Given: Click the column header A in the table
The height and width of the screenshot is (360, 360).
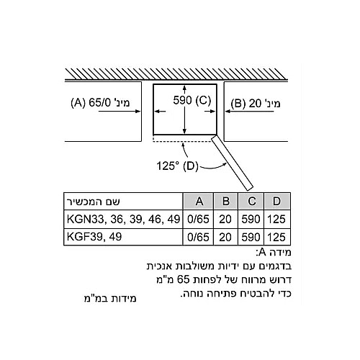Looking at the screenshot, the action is tap(199, 201).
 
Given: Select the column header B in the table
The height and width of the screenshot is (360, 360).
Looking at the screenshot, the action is tap(225, 201).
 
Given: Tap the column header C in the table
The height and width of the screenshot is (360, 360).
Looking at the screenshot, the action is tap(251, 201).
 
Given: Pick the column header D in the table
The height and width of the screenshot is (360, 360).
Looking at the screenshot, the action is tap(276, 201).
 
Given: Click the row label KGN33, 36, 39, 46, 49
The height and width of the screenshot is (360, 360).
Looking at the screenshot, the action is tap(123, 220).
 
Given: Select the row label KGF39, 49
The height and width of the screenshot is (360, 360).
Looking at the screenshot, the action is tap(94, 237).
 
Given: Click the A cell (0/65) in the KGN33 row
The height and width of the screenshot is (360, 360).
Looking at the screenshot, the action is tap(198, 220).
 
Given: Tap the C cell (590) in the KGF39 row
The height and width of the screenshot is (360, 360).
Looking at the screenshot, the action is tap(251, 237).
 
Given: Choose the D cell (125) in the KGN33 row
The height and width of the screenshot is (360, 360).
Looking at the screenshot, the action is tap(276, 220).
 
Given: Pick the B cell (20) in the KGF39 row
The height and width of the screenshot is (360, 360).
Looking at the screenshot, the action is tap(225, 237).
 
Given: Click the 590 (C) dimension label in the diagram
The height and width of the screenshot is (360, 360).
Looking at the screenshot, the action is tap(192, 100).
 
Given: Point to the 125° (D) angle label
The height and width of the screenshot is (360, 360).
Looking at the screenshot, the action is tap(177, 166).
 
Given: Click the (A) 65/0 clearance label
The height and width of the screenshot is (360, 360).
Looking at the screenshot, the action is tap(101, 103).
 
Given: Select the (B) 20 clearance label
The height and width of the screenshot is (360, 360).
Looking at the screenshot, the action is tap(256, 104).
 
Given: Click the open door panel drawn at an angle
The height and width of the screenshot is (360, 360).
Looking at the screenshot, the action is tap(232, 161).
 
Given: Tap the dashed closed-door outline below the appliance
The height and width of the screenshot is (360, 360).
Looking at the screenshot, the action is tap(182, 141).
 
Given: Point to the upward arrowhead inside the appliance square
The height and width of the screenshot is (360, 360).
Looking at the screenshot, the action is tap(184, 88).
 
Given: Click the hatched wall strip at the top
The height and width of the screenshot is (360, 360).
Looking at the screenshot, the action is tap(176, 74).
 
